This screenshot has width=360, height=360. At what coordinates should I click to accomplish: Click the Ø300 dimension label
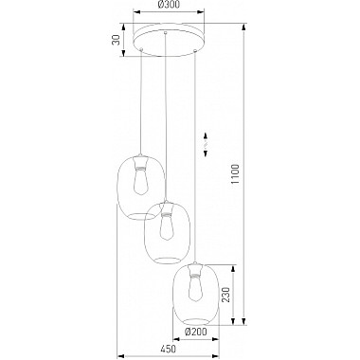click(169, 5)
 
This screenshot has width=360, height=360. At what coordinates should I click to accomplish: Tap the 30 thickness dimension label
click(117, 40)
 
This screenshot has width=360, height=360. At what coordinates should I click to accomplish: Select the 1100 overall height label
click(235, 174)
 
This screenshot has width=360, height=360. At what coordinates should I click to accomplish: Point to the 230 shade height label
click(225, 295)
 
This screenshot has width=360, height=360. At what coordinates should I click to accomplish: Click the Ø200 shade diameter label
click(196, 332)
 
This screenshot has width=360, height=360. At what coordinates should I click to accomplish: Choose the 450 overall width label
click(168, 349)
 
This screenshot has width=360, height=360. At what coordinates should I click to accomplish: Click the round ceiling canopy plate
click(169, 41)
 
